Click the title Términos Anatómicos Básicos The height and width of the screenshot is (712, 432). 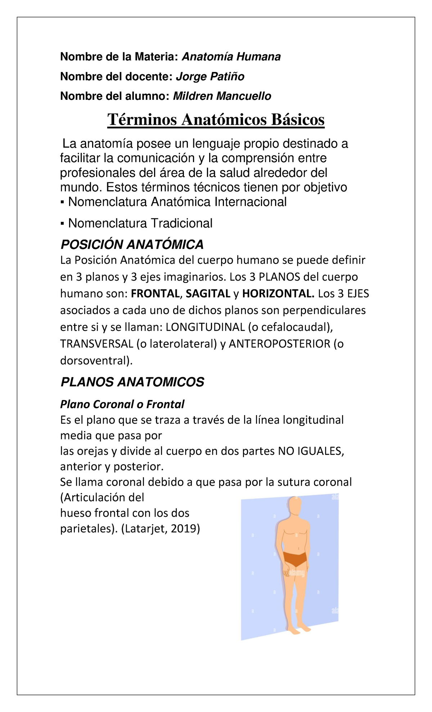pyautogui.click(x=216, y=120)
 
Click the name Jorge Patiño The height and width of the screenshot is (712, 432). pyautogui.click(x=210, y=76)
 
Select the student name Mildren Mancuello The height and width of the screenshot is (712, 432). pyautogui.click(x=222, y=96)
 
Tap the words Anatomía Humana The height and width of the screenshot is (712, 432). pyautogui.click(x=231, y=57)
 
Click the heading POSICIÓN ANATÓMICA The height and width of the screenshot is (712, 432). pyautogui.click(x=132, y=245)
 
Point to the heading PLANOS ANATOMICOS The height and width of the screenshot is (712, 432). pyautogui.click(x=132, y=382)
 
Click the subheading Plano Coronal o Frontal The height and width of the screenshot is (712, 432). pyautogui.click(x=122, y=404)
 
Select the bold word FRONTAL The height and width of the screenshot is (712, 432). pyautogui.click(x=155, y=294)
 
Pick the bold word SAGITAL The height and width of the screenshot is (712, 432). pyautogui.click(x=208, y=294)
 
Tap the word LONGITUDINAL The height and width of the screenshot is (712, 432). pyautogui.click(x=205, y=327)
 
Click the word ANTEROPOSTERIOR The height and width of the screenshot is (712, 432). pyautogui.click(x=280, y=344)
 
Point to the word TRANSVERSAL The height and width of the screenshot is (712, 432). pyautogui.click(x=97, y=344)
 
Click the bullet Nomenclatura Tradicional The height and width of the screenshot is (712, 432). pyautogui.click(x=140, y=223)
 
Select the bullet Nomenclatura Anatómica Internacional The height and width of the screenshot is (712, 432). pyautogui.click(x=177, y=202)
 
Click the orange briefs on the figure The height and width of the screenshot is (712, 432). pyautogui.click(x=295, y=558)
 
